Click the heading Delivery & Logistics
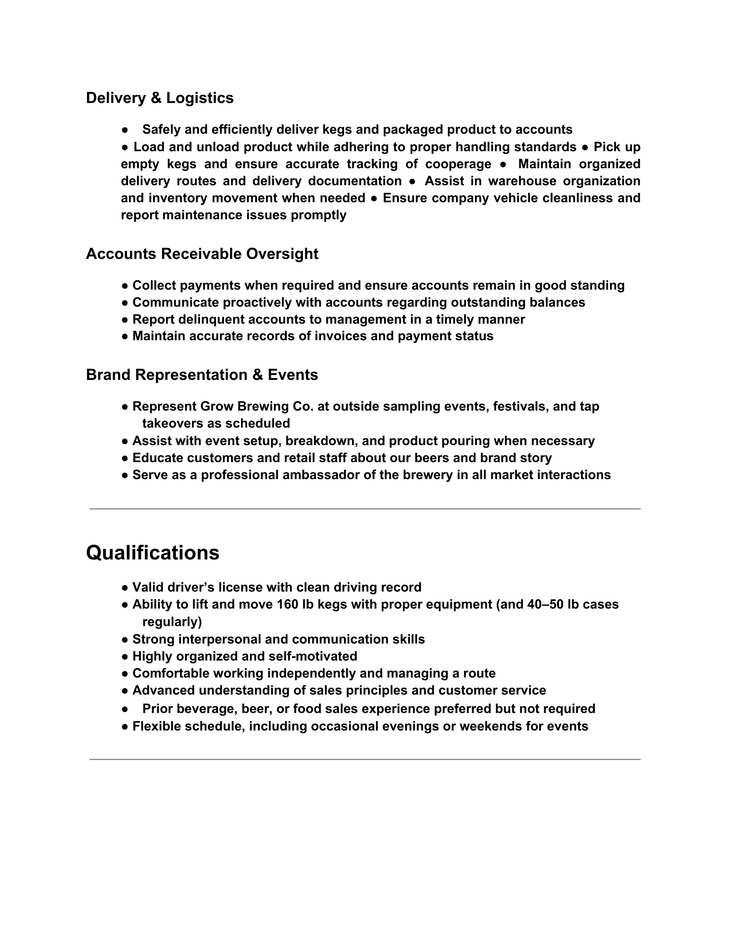(x=160, y=98)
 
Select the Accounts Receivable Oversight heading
(x=202, y=254)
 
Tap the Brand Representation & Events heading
(x=202, y=375)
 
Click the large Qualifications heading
(x=153, y=552)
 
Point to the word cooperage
(x=458, y=164)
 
